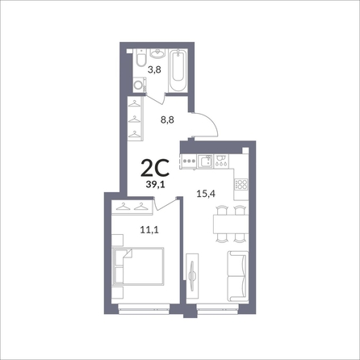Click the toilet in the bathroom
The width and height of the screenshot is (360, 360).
click(141, 57)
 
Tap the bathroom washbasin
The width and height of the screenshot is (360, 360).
click(157, 53)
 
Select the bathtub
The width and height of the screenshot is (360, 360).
click(178, 70)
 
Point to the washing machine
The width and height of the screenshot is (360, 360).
click(139, 85)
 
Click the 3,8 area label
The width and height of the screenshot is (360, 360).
click(154, 70)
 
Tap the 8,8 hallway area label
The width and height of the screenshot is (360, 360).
click(167, 119)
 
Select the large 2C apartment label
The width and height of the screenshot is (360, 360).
click(155, 168)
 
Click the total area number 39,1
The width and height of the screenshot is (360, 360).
click(155, 184)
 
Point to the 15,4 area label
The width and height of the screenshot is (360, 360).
click(206, 194)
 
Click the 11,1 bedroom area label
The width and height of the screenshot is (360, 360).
click(149, 230)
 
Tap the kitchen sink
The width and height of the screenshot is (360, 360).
click(205, 161)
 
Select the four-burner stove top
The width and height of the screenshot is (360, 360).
click(241, 185)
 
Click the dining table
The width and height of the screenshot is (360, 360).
click(231, 224)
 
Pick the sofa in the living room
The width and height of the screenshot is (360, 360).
click(238, 276)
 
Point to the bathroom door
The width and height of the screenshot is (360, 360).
click(155, 99)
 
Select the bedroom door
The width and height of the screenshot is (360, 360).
click(165, 204)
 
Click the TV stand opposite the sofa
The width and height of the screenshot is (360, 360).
click(192, 276)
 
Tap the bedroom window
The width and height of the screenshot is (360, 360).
click(144, 308)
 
